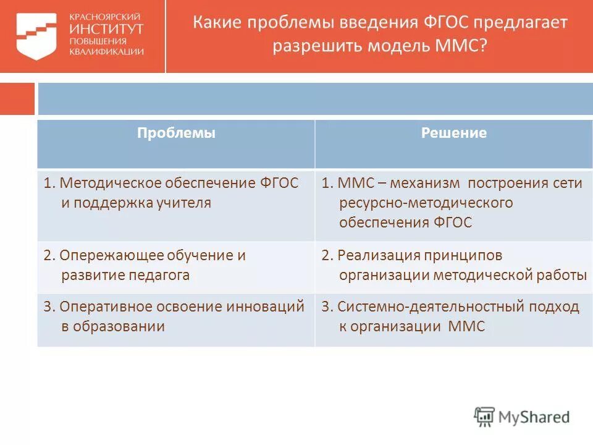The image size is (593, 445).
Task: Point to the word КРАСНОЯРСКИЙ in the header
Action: [104, 16]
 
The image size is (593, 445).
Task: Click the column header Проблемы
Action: [176, 133]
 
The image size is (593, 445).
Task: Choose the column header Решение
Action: [453, 133]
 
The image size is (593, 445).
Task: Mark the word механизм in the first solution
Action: [432, 183]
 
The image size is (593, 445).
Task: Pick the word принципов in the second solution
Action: [463, 255]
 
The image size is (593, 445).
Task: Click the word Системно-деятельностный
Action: [423, 307]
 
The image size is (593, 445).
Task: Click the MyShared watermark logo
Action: [521, 417]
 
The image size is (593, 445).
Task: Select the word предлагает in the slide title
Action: [521, 23]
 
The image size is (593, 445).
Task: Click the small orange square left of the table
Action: [17, 99]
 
